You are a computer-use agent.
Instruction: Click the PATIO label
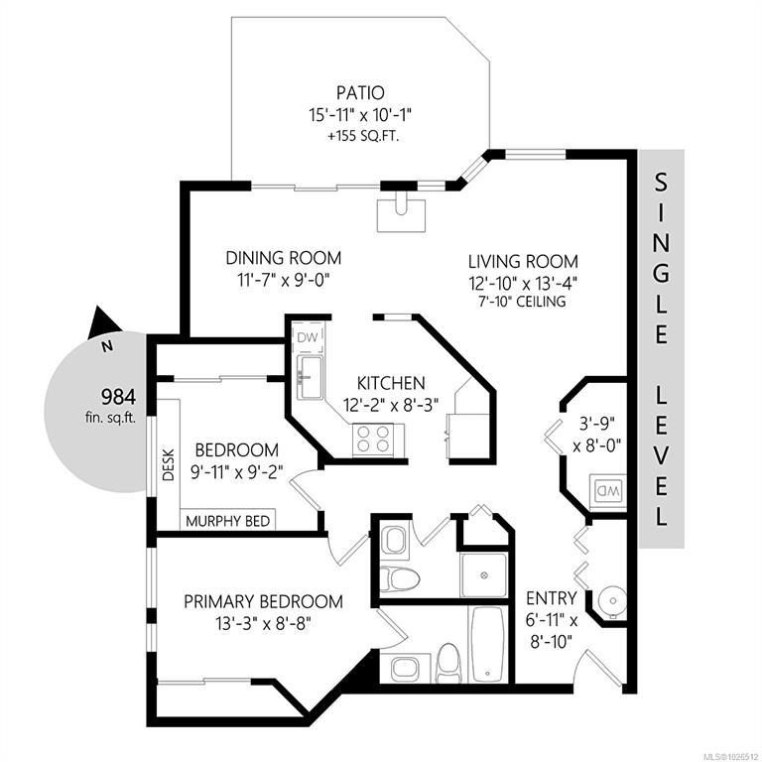[360, 92]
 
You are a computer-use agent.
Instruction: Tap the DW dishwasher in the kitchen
[309, 337]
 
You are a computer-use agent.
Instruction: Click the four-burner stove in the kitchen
[373, 439]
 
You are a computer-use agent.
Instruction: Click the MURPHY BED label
[228, 522]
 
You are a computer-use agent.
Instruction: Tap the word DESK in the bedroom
[168, 464]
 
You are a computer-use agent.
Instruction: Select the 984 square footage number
[118, 397]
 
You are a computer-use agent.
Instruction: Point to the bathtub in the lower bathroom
[487, 643]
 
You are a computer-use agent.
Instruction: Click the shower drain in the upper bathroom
[484, 575]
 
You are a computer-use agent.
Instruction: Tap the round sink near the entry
[612, 601]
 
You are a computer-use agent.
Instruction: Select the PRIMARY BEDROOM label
[263, 601]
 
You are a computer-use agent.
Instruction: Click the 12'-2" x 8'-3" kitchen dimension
[391, 405]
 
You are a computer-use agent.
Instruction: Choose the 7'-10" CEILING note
[524, 302]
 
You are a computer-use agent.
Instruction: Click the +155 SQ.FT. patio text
[363, 137]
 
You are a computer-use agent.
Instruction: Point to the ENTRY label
[552, 598]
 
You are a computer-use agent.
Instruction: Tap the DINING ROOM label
[284, 258]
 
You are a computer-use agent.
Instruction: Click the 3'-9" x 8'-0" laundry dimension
[597, 434]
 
